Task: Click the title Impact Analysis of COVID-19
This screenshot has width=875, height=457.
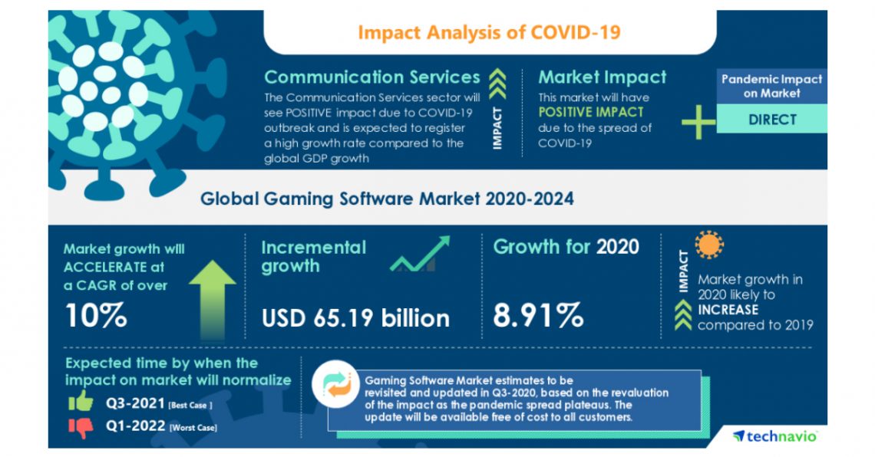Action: coord(489,32)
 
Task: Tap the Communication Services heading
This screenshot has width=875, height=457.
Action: coord(372,77)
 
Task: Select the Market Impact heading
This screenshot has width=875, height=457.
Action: coord(602,77)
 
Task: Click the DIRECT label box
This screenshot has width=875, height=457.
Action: coord(772,120)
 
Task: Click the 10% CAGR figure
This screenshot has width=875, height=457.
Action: coord(96,315)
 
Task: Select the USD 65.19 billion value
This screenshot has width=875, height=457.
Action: coord(355,317)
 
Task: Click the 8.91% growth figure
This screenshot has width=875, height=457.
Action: coord(538,315)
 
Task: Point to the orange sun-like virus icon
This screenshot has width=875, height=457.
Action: coord(709,245)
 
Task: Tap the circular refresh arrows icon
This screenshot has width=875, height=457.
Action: coord(337,383)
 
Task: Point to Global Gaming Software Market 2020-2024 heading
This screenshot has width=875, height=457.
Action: coord(387,199)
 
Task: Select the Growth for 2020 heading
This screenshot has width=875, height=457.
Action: coord(566,247)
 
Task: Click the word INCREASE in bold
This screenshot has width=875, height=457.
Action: coord(728,310)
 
